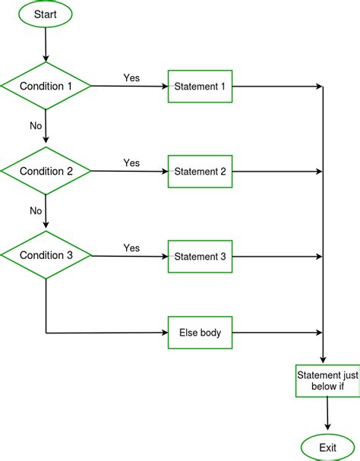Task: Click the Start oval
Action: (46, 14)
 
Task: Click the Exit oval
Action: (327, 447)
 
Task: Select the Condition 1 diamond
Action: (46, 86)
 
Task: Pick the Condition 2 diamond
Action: (46, 171)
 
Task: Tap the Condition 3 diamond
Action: (46, 256)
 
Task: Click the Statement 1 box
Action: (200, 87)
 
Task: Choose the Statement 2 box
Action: (200, 172)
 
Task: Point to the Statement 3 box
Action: (200, 257)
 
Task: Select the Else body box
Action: (200, 332)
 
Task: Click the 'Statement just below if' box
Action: (327, 381)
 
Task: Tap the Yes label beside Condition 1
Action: (131, 78)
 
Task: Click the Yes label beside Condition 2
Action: (131, 163)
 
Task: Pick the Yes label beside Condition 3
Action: (131, 248)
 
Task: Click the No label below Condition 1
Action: (36, 125)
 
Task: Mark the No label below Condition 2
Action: (36, 210)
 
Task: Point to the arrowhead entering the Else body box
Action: (164, 333)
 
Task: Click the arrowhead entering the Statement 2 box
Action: (164, 172)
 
